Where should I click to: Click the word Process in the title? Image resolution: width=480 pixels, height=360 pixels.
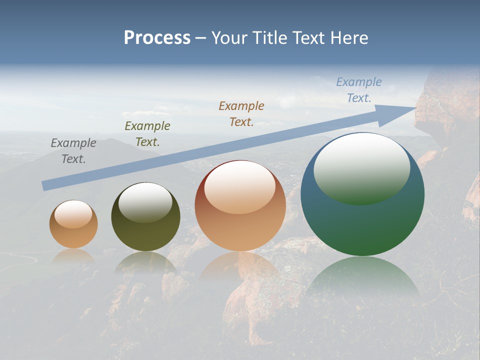[x=157, y=37]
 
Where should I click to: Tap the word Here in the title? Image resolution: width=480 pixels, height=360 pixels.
[x=349, y=37]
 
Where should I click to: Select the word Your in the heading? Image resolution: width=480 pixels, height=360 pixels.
[x=230, y=37]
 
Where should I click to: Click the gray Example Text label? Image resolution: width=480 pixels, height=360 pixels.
[x=73, y=151]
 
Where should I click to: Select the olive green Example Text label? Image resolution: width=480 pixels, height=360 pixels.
[x=147, y=134]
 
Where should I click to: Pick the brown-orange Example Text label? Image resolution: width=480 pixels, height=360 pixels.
[x=241, y=113]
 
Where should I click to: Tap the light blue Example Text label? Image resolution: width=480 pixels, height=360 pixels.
[x=359, y=90]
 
